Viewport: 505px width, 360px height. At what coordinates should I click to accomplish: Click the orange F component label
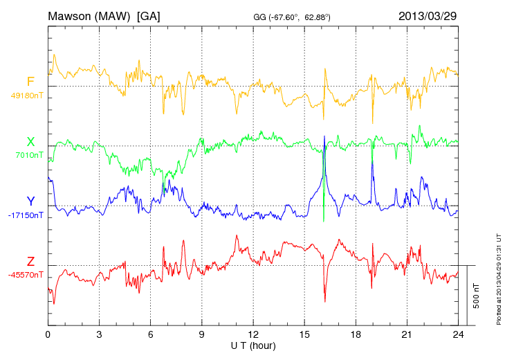(30, 82)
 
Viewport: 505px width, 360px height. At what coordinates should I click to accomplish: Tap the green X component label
(30, 142)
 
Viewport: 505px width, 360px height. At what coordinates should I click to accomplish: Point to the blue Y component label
(30, 201)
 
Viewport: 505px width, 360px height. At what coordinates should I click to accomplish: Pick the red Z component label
(30, 262)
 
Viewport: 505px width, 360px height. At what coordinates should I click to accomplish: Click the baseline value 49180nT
(26, 96)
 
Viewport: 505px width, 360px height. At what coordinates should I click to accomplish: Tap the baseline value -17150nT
(26, 215)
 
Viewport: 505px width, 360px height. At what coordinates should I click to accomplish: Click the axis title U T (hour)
(253, 345)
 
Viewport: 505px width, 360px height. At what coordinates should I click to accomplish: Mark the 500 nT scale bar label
(476, 296)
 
